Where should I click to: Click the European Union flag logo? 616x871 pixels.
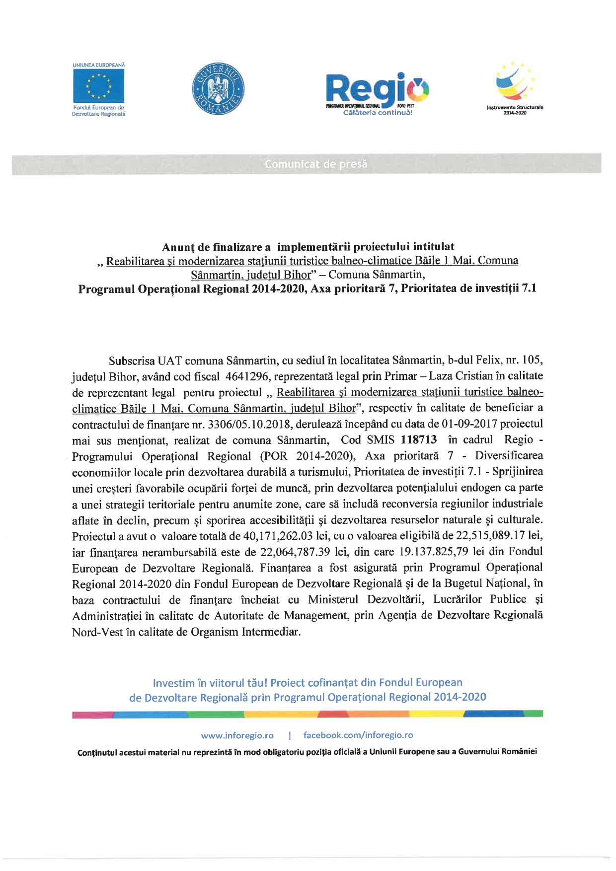[98, 86]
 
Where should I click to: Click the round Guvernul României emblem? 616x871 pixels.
[218, 89]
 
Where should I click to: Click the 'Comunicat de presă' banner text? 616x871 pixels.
[316, 164]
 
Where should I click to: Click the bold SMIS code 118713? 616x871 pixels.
[418, 440]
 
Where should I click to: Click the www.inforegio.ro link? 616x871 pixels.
[237, 735]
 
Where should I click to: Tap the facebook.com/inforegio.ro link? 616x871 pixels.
[358, 735]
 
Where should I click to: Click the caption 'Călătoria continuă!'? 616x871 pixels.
[377, 113]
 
